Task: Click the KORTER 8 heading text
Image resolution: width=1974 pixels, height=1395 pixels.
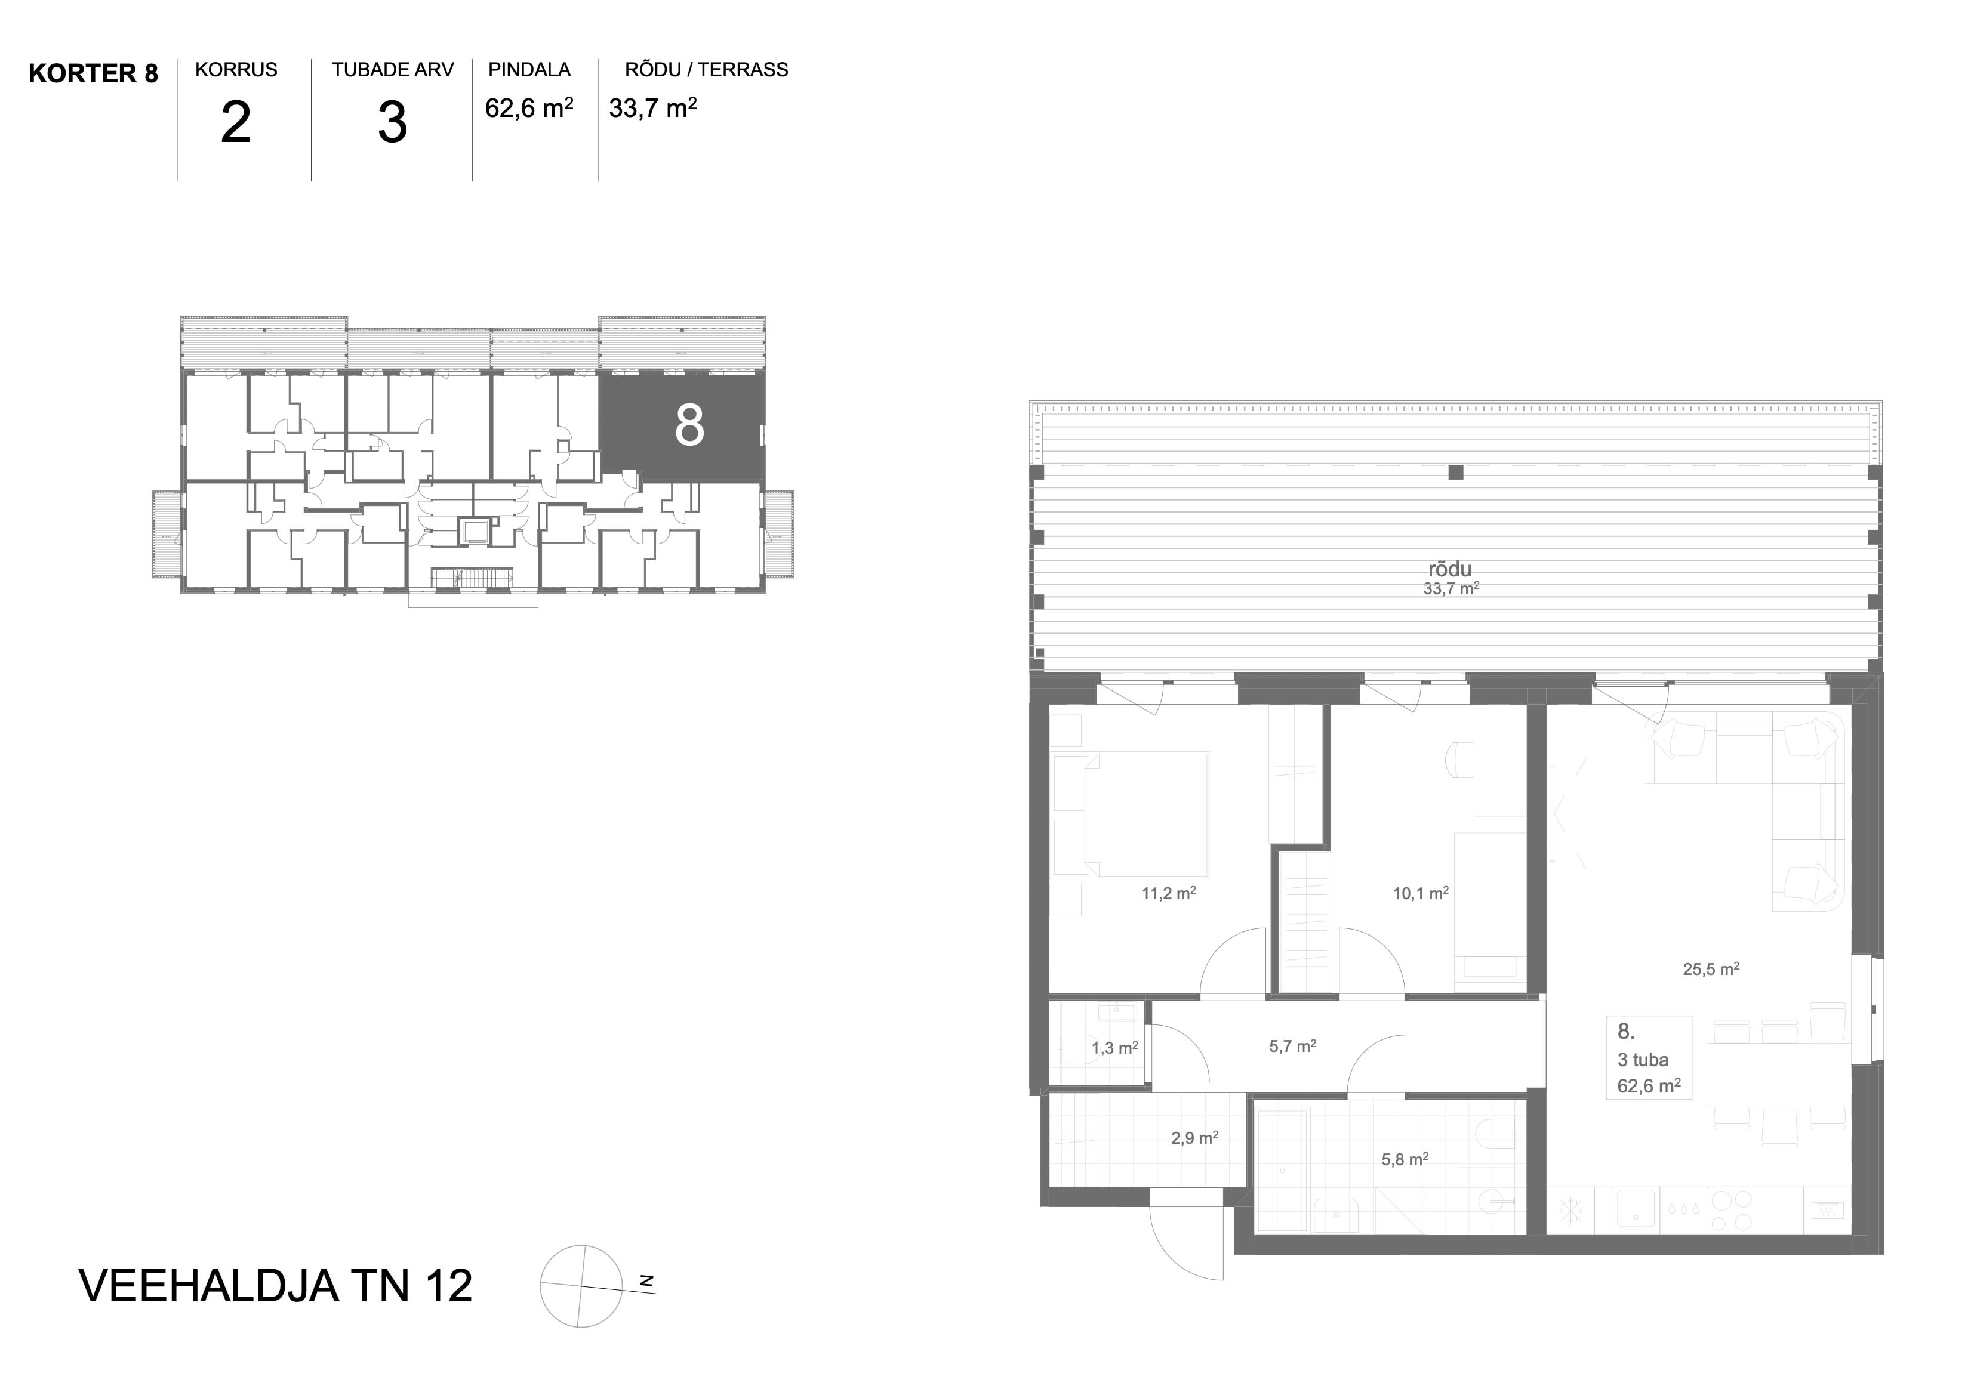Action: click(93, 74)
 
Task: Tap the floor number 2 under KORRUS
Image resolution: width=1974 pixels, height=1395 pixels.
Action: click(236, 123)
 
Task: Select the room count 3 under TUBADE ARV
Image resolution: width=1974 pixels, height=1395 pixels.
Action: click(392, 123)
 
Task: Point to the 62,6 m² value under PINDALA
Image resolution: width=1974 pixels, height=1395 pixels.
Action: click(529, 107)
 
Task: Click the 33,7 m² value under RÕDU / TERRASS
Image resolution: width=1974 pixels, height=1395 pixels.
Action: click(652, 107)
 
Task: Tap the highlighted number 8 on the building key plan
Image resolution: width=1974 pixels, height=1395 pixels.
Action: click(689, 425)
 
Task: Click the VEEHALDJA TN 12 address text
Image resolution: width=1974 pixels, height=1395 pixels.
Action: click(275, 1286)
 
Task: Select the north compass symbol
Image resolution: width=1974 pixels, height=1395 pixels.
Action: click(582, 1286)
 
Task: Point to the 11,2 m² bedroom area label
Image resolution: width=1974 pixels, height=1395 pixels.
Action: click(1168, 893)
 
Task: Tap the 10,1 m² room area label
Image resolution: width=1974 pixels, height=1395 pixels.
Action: click(1420, 893)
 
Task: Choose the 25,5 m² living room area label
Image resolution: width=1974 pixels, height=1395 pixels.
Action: click(1711, 968)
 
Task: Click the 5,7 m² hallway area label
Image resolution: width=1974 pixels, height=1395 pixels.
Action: click(1292, 1046)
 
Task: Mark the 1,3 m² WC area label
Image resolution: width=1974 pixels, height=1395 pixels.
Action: click(1114, 1048)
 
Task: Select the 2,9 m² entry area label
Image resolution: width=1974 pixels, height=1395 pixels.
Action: click(1194, 1138)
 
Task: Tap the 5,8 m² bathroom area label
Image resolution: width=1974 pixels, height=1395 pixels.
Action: click(1405, 1159)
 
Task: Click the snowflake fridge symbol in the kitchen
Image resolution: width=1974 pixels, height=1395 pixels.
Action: click(1570, 1212)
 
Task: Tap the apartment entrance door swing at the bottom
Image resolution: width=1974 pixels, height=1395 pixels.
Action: click(1187, 1243)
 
